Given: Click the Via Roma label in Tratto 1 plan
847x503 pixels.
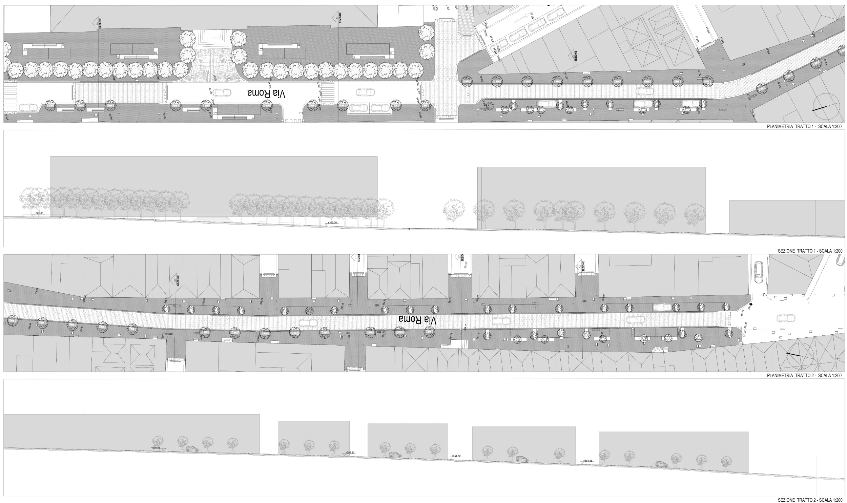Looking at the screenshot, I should pos(267,94).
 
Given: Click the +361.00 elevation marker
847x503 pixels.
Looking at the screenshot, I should pos(39,213).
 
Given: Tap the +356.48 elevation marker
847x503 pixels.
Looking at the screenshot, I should pos(156,447).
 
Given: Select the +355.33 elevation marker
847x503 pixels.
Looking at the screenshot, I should pos(350,453).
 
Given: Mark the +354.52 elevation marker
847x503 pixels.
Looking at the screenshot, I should pos(456,456).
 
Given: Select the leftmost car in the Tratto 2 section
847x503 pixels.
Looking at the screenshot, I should pos(192,449).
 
